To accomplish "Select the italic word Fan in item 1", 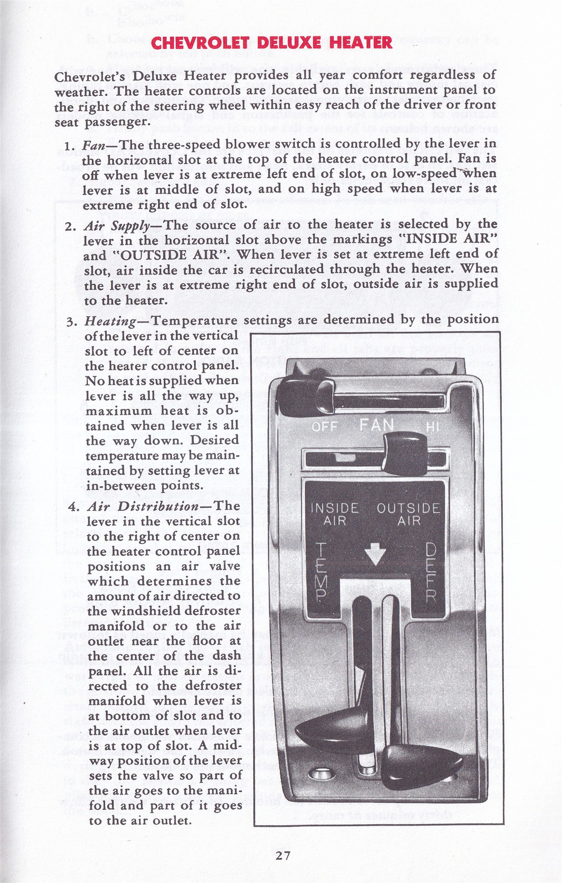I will click(x=94, y=145).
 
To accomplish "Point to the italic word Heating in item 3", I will click(x=110, y=321).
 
